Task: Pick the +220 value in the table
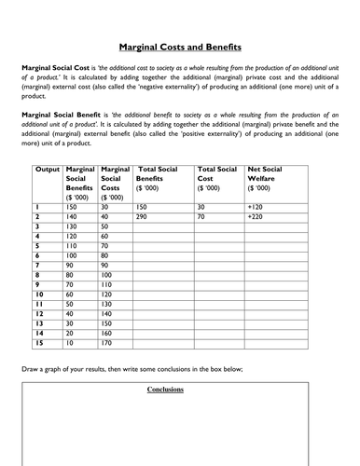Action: (257, 215)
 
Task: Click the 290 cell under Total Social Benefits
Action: (144, 215)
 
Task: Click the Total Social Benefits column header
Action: (160, 177)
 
